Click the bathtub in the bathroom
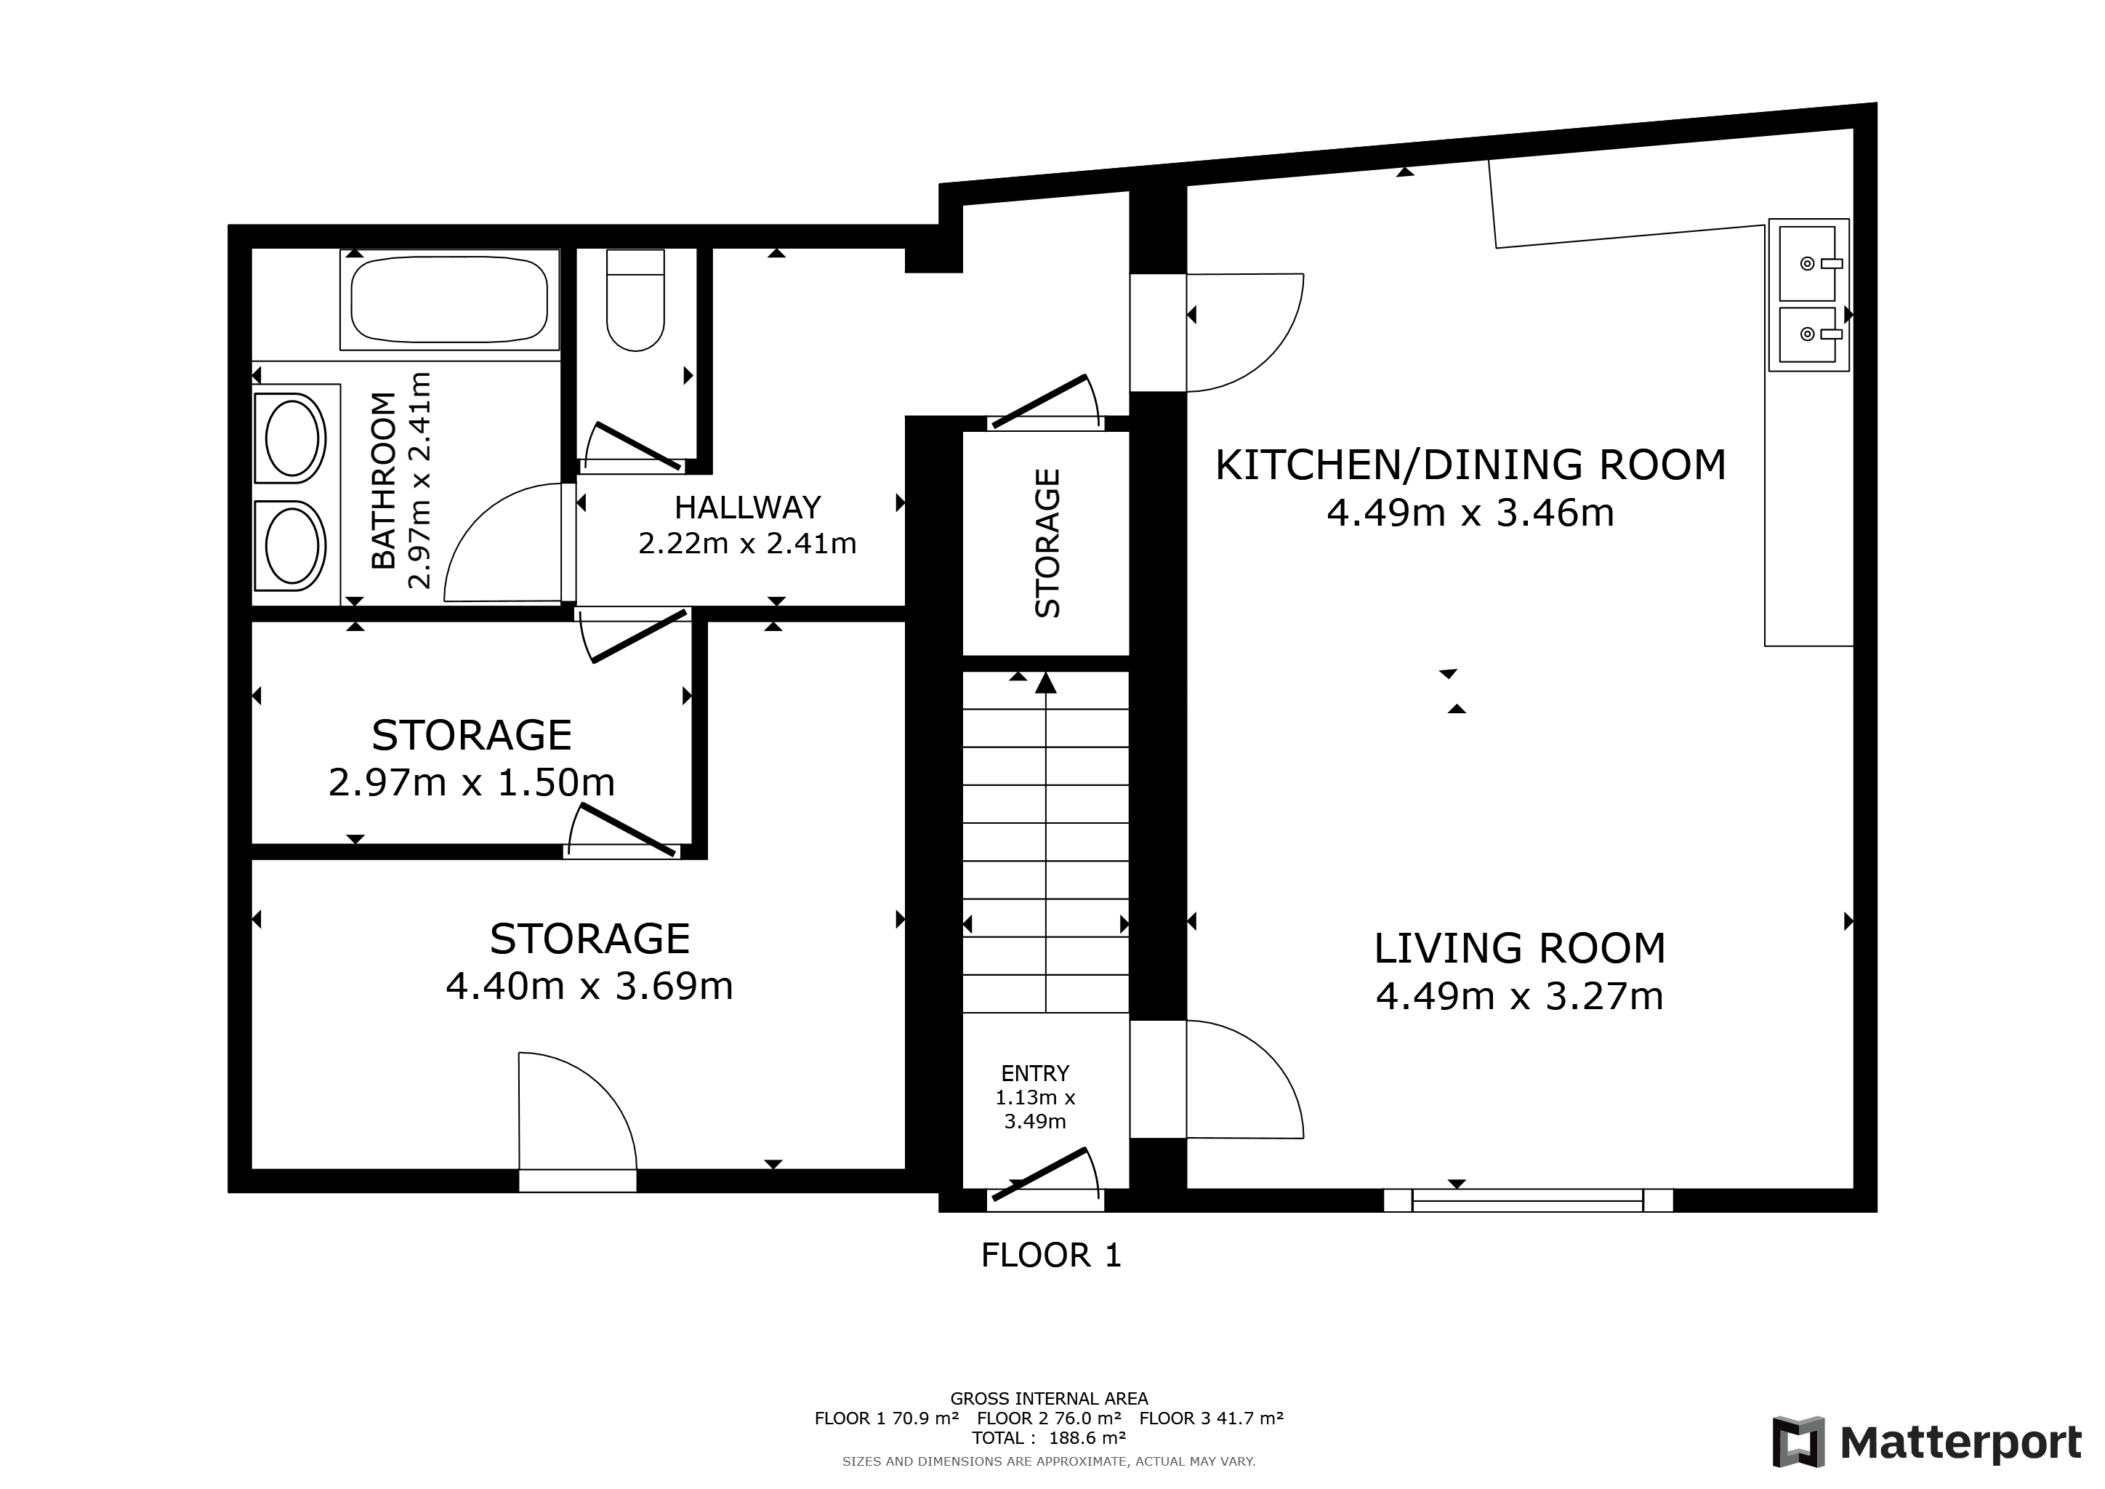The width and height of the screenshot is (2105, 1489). point(449,300)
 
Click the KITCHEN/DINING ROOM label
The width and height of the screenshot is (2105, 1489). point(1470,465)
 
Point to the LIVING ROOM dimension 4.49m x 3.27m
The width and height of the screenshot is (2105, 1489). point(1519,997)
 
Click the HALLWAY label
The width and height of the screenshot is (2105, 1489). point(747,507)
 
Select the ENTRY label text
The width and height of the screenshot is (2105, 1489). point(1035,1072)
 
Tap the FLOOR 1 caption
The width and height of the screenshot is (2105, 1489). point(1050,1255)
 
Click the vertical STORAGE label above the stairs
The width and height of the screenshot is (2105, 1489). point(1047,543)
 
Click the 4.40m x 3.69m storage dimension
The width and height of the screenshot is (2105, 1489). point(589,987)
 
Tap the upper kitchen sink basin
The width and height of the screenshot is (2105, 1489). point(1807,264)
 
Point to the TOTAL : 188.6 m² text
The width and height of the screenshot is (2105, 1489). point(1049,1437)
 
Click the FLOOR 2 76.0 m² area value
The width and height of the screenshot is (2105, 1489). point(1049,1418)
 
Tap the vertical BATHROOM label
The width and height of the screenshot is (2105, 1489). point(383,481)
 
